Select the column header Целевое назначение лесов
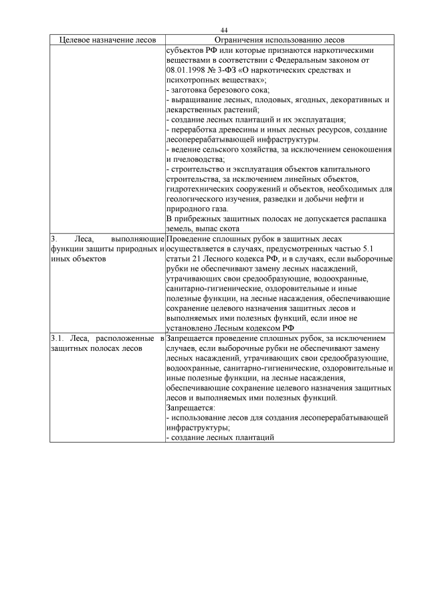point(106,40)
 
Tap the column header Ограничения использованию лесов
point(277,40)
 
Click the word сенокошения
point(367,149)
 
